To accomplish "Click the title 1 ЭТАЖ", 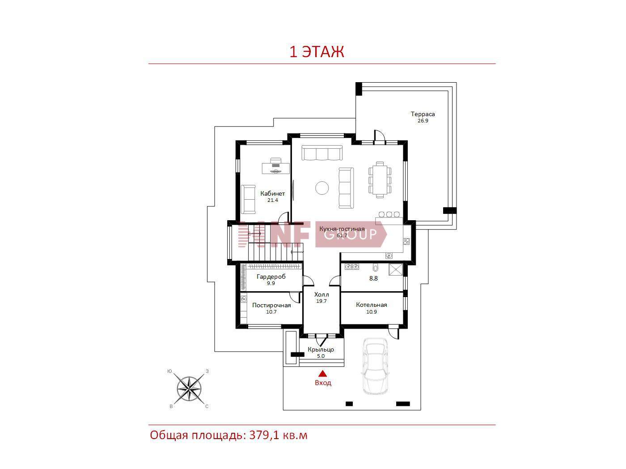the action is click(x=317, y=52).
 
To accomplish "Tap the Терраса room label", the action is click(x=423, y=114).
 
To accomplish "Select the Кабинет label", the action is click(x=272, y=194).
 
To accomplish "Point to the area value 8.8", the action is click(x=373, y=278).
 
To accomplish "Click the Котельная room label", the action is click(x=371, y=305).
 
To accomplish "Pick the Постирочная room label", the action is click(x=271, y=305).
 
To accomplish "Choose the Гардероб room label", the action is click(x=271, y=276).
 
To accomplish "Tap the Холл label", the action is click(x=321, y=294).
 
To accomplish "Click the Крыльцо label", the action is click(x=321, y=349).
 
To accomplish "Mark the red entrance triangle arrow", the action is click(x=322, y=373).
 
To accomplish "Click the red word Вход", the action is click(x=323, y=383).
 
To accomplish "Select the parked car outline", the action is click(x=375, y=366).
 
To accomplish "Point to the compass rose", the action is click(x=189, y=389).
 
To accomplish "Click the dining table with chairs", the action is click(x=380, y=180).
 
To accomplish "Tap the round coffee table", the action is click(x=322, y=188).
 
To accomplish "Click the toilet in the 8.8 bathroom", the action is click(x=375, y=268).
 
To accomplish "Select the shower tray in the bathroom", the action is click(x=396, y=269).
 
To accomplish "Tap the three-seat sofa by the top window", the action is click(x=322, y=153).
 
